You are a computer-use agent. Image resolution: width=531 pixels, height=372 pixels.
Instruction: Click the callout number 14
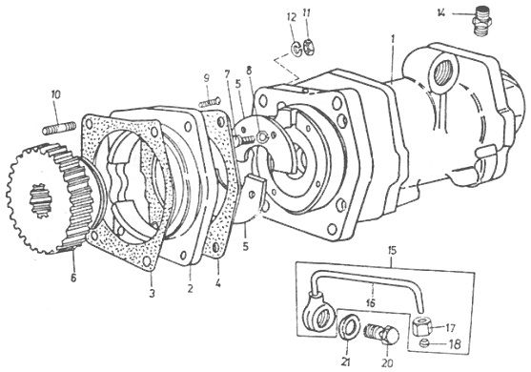click(x=441, y=13)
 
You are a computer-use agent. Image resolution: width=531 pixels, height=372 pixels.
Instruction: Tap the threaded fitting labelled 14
click(x=481, y=21)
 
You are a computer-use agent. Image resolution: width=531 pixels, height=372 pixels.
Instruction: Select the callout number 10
click(x=56, y=94)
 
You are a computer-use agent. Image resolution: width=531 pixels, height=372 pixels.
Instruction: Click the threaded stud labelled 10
click(x=59, y=128)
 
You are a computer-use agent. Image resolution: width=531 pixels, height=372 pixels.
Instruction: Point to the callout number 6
click(x=73, y=278)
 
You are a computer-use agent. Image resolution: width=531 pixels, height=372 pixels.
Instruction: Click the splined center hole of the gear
click(x=41, y=201)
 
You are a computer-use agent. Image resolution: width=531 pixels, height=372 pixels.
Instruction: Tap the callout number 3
click(x=152, y=294)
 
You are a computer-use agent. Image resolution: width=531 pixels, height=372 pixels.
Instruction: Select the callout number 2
click(x=191, y=289)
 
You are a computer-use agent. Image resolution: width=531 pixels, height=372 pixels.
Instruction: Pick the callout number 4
click(x=217, y=283)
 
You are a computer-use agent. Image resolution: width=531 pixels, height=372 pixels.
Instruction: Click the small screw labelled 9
click(x=210, y=102)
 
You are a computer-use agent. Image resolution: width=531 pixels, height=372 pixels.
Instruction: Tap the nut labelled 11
click(x=310, y=48)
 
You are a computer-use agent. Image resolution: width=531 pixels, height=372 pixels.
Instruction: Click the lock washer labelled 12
click(x=296, y=50)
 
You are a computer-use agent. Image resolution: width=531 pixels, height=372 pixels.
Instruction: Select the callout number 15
click(x=391, y=253)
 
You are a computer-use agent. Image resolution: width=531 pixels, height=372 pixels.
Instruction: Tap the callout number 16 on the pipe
click(x=371, y=303)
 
